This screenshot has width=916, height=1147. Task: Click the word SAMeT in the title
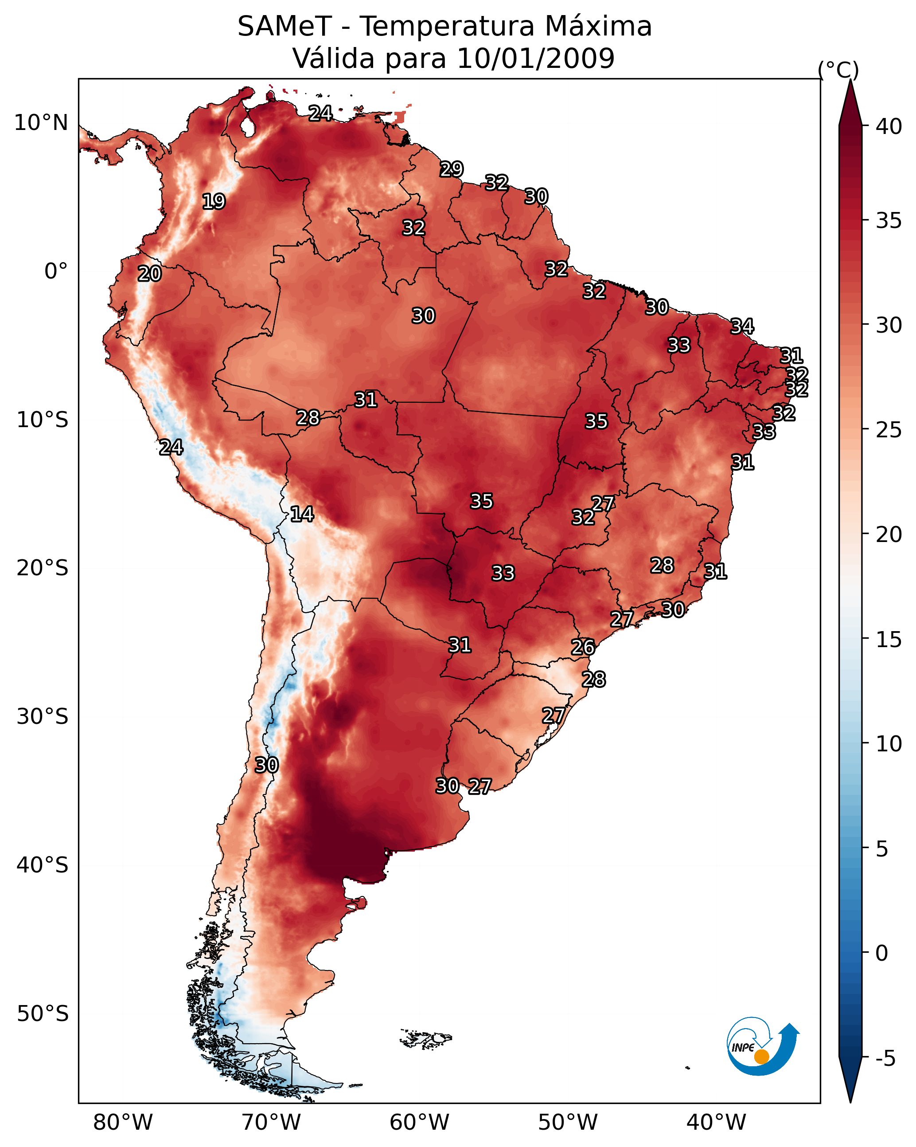coord(285,27)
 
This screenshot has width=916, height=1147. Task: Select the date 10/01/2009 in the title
coord(535,59)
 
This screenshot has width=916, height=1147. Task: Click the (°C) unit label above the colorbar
coord(838,70)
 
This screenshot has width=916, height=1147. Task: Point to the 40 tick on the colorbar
coord(889,126)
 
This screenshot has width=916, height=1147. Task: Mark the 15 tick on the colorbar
coord(889,640)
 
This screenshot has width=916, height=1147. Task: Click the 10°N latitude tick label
coord(41,123)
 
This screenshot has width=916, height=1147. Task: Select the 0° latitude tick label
coord(56,271)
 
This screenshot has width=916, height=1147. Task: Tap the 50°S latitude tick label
coord(43,1014)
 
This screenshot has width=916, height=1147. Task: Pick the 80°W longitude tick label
coord(123,1122)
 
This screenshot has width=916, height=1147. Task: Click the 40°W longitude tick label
coord(716,1122)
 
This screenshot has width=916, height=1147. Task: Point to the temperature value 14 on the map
coord(302,514)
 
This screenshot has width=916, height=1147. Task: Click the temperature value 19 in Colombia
coord(214,202)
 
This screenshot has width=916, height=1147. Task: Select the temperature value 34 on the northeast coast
coord(742,326)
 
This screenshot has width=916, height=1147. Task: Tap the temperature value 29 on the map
coord(452,169)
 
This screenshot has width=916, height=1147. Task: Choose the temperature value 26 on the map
coord(583,647)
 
